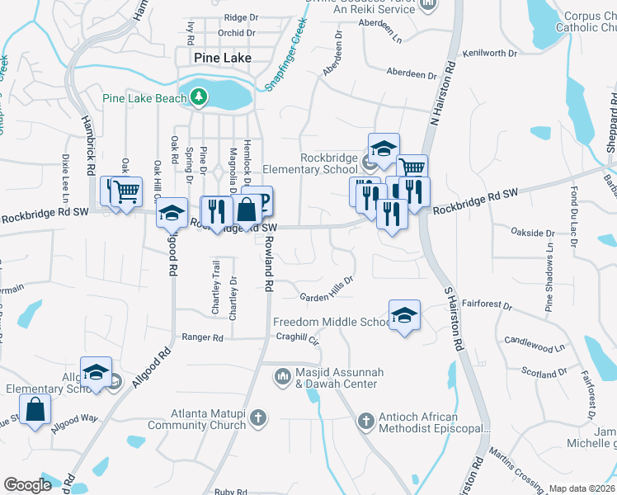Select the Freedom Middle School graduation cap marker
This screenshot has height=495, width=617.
click(404, 315)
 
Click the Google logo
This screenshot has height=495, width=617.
click(28, 484)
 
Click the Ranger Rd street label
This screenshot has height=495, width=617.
click(203, 337)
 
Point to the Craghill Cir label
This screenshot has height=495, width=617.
click(297, 338)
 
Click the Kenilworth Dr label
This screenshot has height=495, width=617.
click(490, 54)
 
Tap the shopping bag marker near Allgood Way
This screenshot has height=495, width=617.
click(35, 410)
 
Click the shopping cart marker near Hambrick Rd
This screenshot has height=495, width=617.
click(126, 192)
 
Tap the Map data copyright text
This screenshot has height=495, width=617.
click(582, 488)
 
